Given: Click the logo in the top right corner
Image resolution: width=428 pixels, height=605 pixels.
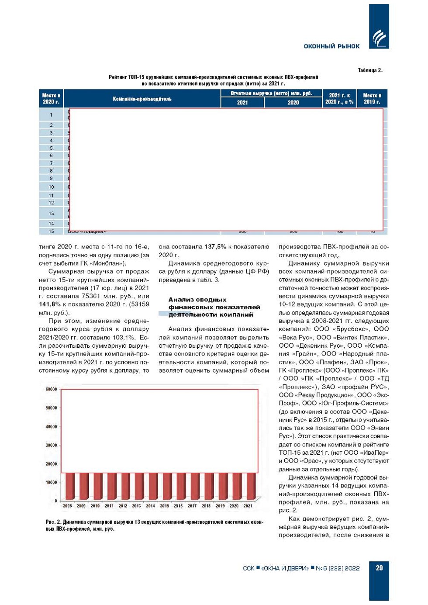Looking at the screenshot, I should coord(379,38).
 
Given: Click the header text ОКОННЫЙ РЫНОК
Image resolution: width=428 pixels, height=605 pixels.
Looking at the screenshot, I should coord(331,46).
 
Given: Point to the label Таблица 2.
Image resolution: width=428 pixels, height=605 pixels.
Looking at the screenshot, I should coord(370,70).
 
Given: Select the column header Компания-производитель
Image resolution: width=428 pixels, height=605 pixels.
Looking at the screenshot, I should coord(142,99).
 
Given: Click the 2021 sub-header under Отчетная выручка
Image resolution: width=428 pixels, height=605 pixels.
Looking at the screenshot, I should coord(242,103).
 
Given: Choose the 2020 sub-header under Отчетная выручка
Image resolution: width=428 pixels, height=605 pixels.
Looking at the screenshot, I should coord(293,103).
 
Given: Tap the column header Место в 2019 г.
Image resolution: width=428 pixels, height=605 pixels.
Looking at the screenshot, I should coord(372,99).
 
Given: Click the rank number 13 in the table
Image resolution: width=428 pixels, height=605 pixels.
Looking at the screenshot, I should coord(51,214).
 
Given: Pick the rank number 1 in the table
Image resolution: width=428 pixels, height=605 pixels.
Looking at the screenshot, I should coord(51,115).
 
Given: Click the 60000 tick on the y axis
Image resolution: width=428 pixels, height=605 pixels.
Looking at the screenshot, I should coord(51,389).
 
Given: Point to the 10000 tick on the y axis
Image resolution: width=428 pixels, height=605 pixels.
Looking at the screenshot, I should coord(51,483).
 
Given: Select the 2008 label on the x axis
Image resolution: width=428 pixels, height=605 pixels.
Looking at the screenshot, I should coord(67,506).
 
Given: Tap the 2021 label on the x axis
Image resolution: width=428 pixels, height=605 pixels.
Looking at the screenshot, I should coord(248,506).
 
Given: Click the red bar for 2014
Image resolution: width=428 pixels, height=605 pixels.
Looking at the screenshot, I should coord(151,486).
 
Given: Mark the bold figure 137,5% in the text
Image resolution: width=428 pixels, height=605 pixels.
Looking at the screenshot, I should coord(215,247).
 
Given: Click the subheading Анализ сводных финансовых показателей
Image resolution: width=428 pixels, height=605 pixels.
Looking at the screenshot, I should coord(214,307).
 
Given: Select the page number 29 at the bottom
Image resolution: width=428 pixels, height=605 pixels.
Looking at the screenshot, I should coord(379,568).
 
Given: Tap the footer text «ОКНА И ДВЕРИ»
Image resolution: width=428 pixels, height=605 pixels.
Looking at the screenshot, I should coord(285,568).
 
